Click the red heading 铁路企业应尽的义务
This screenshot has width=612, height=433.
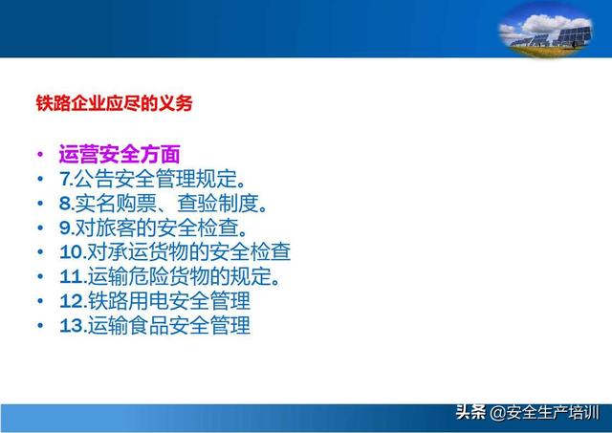point(115,103)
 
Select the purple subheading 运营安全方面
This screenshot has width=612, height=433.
point(120,154)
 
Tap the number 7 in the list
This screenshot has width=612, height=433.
point(64,179)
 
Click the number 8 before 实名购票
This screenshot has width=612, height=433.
point(65,204)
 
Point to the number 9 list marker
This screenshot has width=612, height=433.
point(65,227)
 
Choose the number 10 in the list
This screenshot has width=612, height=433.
point(71,252)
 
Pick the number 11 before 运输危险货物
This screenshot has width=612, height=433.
point(71,276)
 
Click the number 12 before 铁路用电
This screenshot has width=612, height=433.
point(71,301)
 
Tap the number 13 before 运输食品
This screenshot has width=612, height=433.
point(71,326)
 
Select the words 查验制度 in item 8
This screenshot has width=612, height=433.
point(218,204)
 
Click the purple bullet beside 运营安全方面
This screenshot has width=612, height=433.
point(40,154)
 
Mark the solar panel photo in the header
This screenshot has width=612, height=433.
point(545,32)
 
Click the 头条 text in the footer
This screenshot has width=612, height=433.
point(470,412)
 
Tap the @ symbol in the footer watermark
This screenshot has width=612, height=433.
point(497,413)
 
